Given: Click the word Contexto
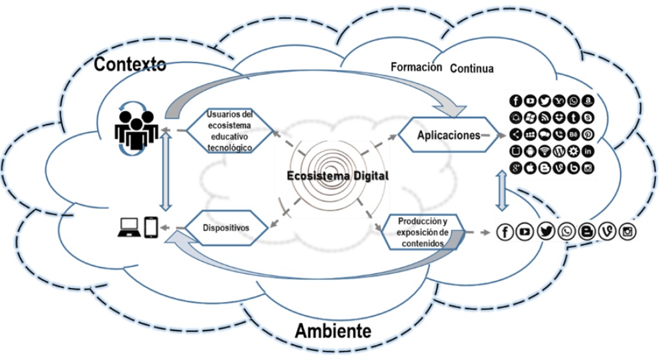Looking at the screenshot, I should (131, 64).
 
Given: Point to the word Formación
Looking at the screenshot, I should (417, 67).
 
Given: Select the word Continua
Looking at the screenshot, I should (472, 68).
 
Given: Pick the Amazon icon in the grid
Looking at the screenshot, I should (588, 101).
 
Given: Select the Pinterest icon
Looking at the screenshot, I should (588, 134).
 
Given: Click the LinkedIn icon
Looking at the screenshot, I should (588, 152).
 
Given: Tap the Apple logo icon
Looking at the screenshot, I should (530, 169).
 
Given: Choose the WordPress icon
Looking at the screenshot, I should (559, 152).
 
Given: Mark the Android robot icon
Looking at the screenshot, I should (530, 152).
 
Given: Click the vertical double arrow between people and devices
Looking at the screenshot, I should (166, 179).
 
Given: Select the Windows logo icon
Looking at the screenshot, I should (530, 118).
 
